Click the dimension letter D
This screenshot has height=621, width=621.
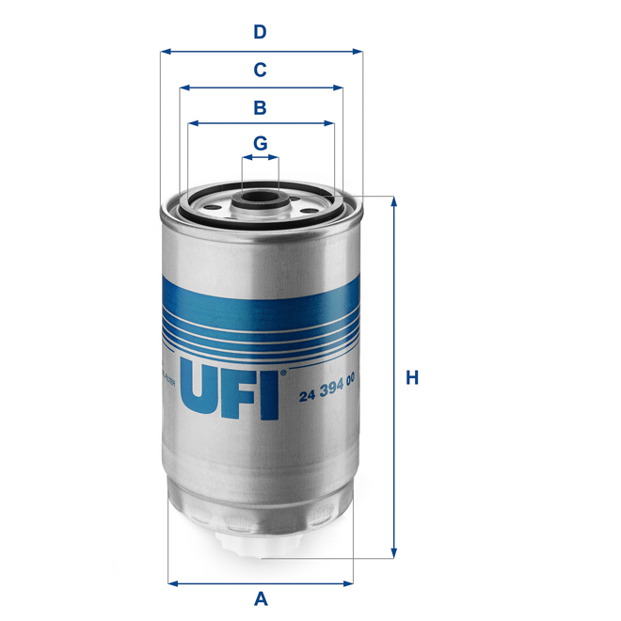pyautogui.click(x=260, y=32)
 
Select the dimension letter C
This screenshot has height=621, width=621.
pyautogui.click(x=260, y=69)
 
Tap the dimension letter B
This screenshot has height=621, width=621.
pyautogui.click(x=260, y=107)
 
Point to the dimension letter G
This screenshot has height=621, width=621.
pyautogui.click(x=261, y=143)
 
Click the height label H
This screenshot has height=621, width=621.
pyautogui.click(x=411, y=378)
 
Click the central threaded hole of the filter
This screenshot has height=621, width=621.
pyautogui.click(x=260, y=199)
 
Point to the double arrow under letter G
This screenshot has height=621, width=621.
pyautogui.click(x=261, y=160)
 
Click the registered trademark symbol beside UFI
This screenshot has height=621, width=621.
pyautogui.click(x=282, y=373)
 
